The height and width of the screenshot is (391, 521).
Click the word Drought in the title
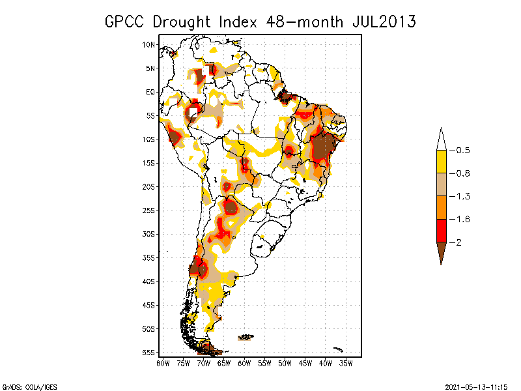184,22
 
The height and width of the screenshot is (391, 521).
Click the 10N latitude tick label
150,44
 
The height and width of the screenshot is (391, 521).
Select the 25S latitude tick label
150,210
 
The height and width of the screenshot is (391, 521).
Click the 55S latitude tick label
150,352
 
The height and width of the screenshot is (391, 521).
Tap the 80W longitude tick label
163,362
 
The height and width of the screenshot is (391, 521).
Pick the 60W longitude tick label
245,362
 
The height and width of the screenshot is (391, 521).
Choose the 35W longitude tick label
346,362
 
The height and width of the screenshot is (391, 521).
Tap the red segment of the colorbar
441,230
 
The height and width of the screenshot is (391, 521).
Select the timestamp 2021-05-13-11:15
475,386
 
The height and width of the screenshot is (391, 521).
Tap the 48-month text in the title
305,22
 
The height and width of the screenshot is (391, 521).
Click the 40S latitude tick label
150,281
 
